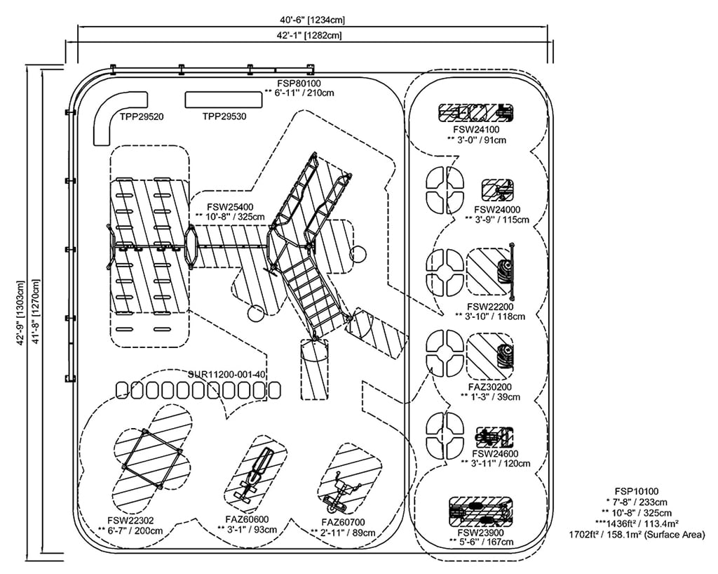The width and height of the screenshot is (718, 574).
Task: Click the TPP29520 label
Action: coord(142,116)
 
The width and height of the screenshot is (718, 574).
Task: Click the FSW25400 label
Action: coord(230,207)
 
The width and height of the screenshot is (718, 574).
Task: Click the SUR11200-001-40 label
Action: coord(227,375)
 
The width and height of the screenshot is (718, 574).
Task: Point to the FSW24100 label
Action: coord(476,130)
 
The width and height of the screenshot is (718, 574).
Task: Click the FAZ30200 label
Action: coord(490,387)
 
